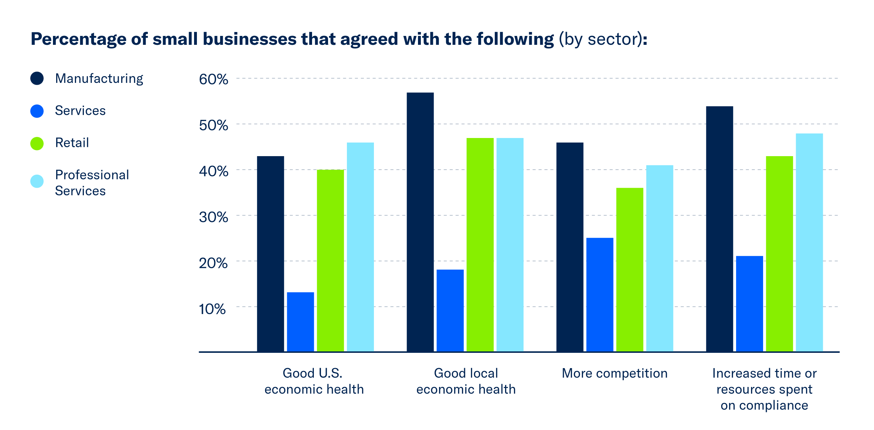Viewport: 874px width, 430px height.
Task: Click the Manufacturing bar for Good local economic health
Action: point(420,222)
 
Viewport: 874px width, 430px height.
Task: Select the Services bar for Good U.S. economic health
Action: point(300,322)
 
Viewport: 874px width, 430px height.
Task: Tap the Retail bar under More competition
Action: point(629,270)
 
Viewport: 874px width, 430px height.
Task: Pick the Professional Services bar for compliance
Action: point(809,243)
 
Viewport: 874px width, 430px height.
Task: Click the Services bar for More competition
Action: point(600,294)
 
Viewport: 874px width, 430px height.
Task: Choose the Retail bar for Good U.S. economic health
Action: point(330,261)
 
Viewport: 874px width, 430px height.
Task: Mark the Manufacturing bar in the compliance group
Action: point(719,229)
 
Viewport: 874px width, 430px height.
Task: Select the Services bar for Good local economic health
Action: point(450,310)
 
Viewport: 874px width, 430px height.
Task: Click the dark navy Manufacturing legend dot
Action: point(37,78)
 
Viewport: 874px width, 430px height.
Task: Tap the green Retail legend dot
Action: point(37,143)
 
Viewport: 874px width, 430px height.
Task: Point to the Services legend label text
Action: point(80,111)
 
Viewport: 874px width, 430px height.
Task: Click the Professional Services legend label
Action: point(92,183)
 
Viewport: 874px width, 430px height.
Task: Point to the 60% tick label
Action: point(213,79)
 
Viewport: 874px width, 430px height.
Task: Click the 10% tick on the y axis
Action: point(212,309)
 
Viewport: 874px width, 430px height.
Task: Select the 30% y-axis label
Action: point(213,217)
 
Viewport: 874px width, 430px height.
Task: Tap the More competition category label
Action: point(615,373)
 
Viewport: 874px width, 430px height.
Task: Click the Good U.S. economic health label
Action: point(313,381)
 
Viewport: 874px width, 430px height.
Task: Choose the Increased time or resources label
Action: point(764,389)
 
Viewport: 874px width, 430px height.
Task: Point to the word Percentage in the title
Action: point(78,39)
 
